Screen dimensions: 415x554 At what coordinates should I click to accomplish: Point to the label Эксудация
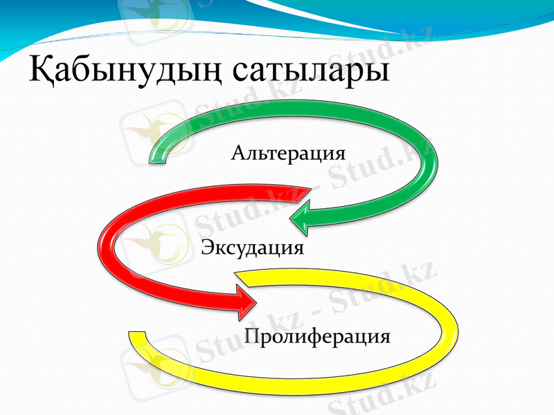tap(252, 247)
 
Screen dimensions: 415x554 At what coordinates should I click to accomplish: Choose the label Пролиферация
tap(317, 337)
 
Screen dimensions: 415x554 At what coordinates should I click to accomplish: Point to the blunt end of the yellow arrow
tap(136, 339)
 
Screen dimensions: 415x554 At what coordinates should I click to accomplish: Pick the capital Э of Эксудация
tap(206, 247)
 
